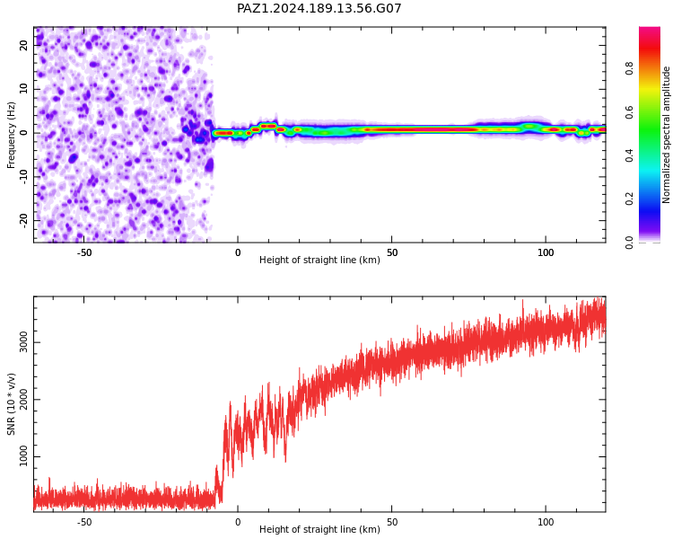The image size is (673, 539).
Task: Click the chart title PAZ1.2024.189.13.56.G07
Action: click(319, 8)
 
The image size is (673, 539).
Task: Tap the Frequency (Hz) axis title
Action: click(11, 135)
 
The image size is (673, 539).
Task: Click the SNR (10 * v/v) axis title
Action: click(11, 403)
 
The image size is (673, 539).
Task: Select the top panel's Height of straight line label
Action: click(319, 260)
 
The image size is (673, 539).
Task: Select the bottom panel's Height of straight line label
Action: click(319, 529)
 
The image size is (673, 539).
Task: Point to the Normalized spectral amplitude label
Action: click(666, 135)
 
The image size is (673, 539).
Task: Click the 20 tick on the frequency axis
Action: click(24, 45)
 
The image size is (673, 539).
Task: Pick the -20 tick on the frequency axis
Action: click(24, 220)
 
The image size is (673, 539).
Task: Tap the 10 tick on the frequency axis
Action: click(24, 89)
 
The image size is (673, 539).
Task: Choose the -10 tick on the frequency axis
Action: click(24, 177)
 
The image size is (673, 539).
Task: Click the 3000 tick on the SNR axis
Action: click(24, 342)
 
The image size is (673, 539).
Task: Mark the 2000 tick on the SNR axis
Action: click(24, 400)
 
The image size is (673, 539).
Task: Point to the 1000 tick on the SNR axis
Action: click(24, 457)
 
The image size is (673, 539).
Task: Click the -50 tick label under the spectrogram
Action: click(84, 252)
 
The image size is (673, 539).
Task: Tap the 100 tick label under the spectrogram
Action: click(546, 252)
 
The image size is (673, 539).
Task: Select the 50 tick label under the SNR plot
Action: click(392, 522)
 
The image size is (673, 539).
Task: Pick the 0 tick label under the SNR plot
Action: click(238, 522)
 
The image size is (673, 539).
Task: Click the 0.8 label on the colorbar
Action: click(629, 68)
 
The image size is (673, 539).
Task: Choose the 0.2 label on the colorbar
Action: click(629, 199)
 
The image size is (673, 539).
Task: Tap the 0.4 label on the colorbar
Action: click(629, 155)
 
